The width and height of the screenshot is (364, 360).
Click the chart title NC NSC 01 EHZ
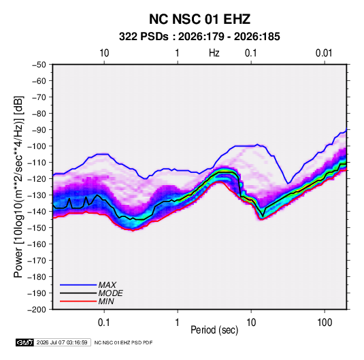[199, 19]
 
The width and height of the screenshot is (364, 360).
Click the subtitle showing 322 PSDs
[199, 37]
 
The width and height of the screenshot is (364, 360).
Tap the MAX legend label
[107, 284]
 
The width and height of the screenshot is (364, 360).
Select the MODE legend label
[110, 293]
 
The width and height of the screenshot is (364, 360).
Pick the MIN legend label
[106, 301]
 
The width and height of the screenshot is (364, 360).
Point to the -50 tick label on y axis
[39, 65]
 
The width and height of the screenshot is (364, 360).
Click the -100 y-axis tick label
[37, 146]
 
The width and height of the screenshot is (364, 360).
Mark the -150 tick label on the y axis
[37, 228]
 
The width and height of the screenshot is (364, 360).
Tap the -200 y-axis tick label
[37, 310]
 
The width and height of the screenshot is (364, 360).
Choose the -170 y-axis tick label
[37, 261]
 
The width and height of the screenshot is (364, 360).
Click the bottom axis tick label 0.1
[104, 323]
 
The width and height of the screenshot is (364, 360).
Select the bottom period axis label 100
[325, 323]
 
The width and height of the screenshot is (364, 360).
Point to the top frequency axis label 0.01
[324, 53]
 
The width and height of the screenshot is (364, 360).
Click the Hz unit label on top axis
[214, 53]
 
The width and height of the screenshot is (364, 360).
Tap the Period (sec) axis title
[214, 330]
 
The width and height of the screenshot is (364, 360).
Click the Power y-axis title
[19, 186]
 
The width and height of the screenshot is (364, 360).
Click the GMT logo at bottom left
[24, 342]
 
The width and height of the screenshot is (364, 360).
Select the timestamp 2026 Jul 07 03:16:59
[62, 342]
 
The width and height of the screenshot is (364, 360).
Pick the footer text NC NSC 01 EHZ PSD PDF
[124, 342]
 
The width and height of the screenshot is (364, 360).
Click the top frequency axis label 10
[104, 53]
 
